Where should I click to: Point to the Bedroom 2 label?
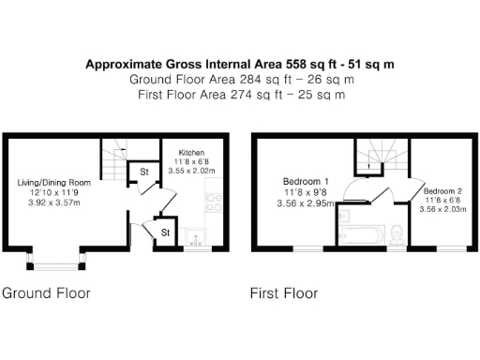pyautogui.click(x=440, y=189)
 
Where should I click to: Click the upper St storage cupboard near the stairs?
pyautogui.click(x=144, y=172)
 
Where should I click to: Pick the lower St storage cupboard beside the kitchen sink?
pyautogui.click(x=164, y=232)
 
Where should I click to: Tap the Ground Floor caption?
pyautogui.click(x=46, y=293)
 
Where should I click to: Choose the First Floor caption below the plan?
pyautogui.click(x=283, y=293)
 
